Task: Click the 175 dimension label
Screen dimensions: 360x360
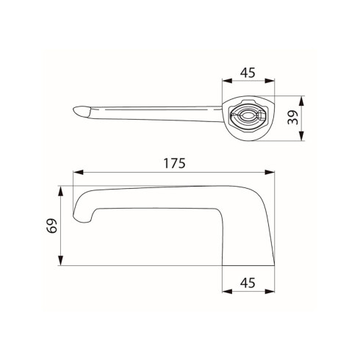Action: pyautogui.click(x=174, y=163)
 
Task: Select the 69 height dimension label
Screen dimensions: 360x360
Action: pyautogui.click(x=52, y=226)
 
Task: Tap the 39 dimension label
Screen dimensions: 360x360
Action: pyautogui.click(x=293, y=118)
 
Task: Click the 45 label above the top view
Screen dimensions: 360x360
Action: pyautogui.click(x=248, y=73)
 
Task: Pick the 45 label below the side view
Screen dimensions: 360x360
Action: pyautogui.click(x=248, y=283)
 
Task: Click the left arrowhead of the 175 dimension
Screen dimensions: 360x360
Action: pyautogui.click(x=79, y=173)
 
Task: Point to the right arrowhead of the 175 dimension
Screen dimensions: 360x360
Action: pyautogui.click(x=270, y=173)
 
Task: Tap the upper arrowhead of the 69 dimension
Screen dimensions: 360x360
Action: pyautogui.click(x=60, y=191)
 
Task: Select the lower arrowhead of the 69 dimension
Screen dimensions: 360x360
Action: pyautogui.click(x=60, y=260)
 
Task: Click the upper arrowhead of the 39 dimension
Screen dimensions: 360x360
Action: pyautogui.click(x=301, y=101)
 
